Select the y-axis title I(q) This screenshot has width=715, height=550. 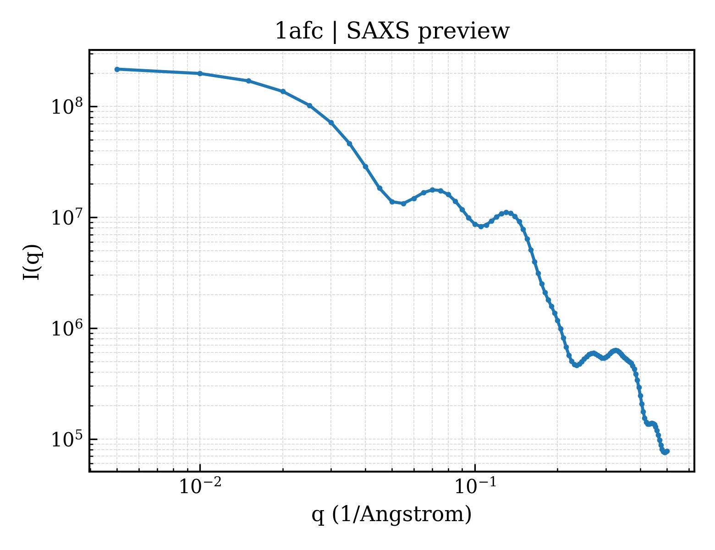pyautogui.click(x=32, y=262)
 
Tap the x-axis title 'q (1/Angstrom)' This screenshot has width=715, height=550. pyautogui.click(x=391, y=514)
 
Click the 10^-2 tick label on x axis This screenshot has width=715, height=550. pyautogui.click(x=200, y=485)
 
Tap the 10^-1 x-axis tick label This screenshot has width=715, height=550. pyautogui.click(x=475, y=485)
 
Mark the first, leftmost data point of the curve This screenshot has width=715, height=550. pyautogui.click(x=117, y=69)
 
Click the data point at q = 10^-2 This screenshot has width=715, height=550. pyautogui.click(x=200, y=73)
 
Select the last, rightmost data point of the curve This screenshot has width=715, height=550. pyautogui.click(x=667, y=451)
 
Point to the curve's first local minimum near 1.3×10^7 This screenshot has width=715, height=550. pyautogui.click(x=403, y=203)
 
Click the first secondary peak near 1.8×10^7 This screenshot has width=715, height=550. pyautogui.click(x=433, y=190)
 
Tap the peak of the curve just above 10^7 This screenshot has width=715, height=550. pyautogui.click(x=506, y=213)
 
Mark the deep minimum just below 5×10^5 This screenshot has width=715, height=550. pyautogui.click(x=576, y=365)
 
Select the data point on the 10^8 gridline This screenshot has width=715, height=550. pyautogui.click(x=310, y=105)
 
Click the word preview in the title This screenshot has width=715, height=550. pyautogui.click(x=464, y=32)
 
